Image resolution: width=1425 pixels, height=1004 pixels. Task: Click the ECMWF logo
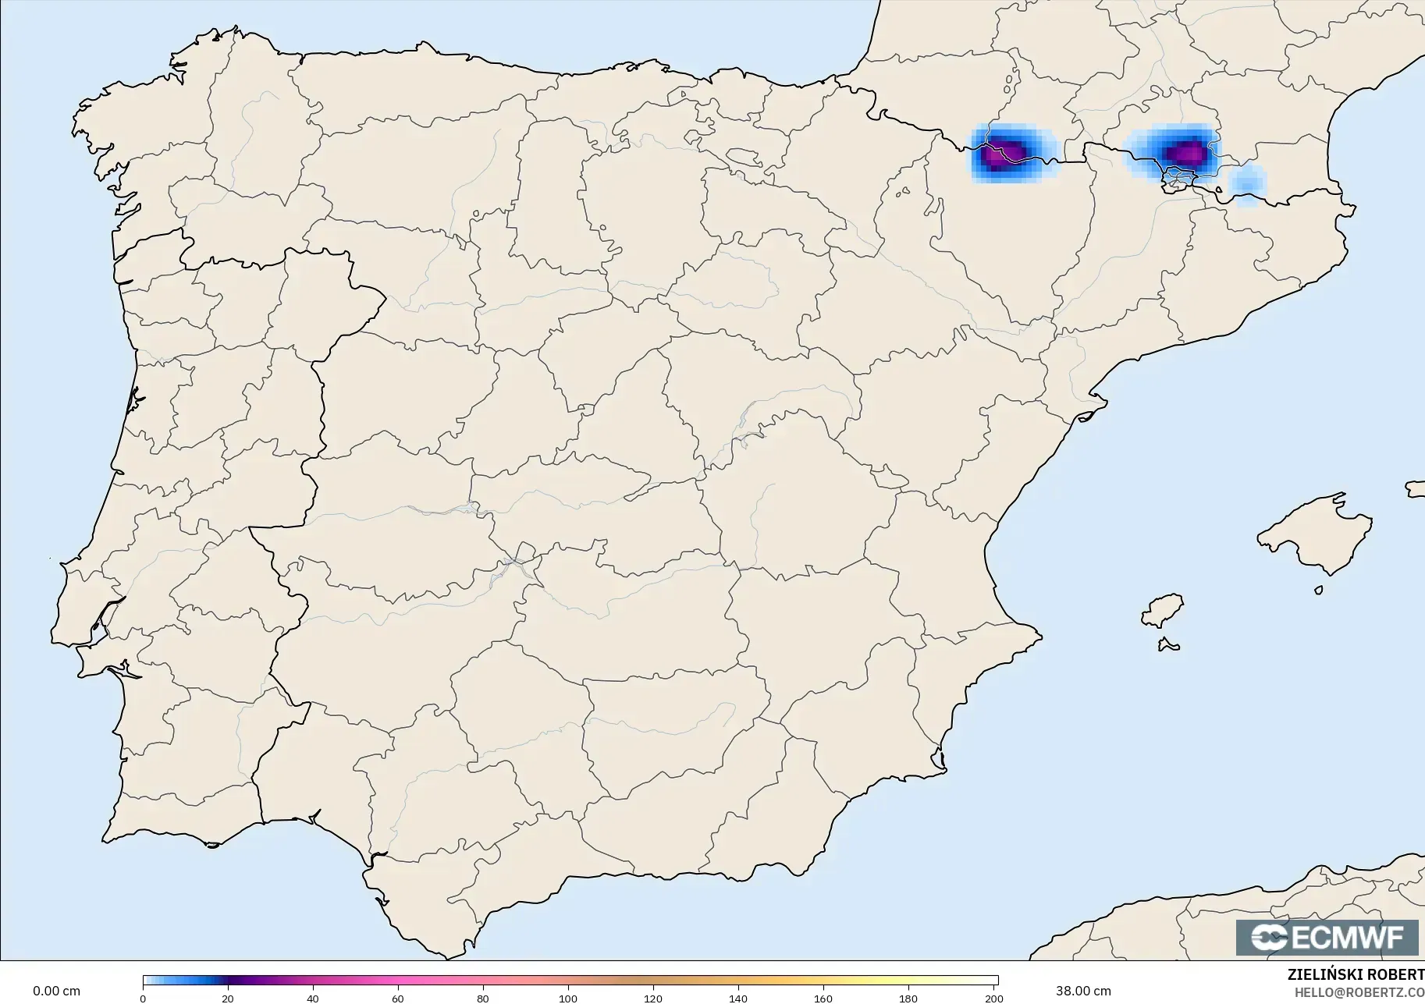click(1327, 937)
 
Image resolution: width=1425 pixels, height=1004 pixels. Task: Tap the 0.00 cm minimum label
click(56, 991)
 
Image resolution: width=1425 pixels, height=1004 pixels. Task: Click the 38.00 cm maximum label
click(1083, 991)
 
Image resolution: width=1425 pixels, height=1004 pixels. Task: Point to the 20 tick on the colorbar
click(228, 998)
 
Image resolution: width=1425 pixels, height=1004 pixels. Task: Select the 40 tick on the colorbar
click(313, 998)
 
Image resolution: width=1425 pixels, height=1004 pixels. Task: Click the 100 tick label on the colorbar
click(568, 998)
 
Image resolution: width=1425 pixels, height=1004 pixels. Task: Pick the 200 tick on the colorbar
click(993, 998)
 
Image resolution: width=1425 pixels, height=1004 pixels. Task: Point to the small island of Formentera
click(1168, 644)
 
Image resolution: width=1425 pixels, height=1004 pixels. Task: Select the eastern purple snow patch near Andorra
click(1184, 152)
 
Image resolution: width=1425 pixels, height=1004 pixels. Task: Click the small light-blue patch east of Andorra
click(1246, 185)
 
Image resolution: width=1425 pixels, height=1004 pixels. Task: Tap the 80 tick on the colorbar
click(483, 998)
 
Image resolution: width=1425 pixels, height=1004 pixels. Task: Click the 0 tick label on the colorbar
click(143, 998)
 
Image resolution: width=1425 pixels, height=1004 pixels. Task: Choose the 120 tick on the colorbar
click(653, 998)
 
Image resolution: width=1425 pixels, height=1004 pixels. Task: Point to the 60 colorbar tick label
click(398, 998)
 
